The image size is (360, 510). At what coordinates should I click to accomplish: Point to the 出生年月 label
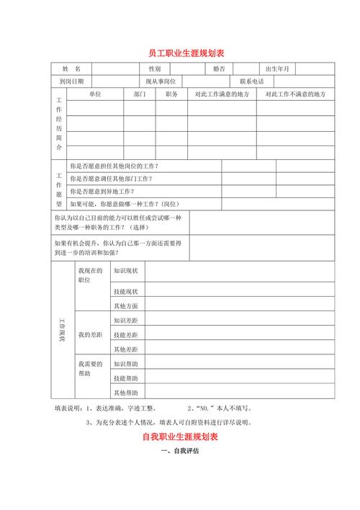[277, 68]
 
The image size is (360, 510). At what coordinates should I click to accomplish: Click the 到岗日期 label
[71, 81]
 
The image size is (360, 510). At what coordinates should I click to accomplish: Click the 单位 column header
[95, 94]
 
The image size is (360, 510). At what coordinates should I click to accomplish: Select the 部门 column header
[140, 94]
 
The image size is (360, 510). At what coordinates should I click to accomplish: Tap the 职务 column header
[171, 94]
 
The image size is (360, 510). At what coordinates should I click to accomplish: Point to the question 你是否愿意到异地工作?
[102, 192]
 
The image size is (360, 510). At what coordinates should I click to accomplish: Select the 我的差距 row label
[90, 335]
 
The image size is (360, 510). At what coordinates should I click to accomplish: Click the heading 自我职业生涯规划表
[180, 437]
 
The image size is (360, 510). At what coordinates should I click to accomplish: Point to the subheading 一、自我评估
[180, 452]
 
